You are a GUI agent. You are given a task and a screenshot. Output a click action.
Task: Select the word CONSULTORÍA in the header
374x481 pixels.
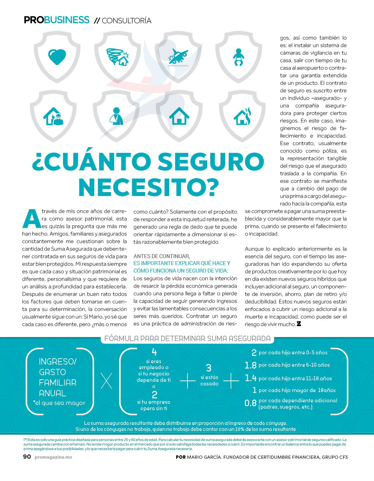pos(126,21)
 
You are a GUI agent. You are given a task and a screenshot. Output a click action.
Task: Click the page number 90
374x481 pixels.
pos(27,457)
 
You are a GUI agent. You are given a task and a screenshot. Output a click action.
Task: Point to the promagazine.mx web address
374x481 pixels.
pos(53,457)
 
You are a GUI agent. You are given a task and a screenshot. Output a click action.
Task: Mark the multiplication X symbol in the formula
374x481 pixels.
pos(106,381)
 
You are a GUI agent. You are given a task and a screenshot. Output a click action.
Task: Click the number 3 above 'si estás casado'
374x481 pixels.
pos(209,368)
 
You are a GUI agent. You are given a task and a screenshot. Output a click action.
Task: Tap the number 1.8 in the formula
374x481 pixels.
pos(250,365)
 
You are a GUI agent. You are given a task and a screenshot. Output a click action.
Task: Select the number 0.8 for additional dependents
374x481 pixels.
pos(250,403)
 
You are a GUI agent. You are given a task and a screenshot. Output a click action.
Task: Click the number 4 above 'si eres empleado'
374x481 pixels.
pos(154,352)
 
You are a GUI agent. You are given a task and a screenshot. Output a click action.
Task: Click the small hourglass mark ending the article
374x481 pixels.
pos(299,324)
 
